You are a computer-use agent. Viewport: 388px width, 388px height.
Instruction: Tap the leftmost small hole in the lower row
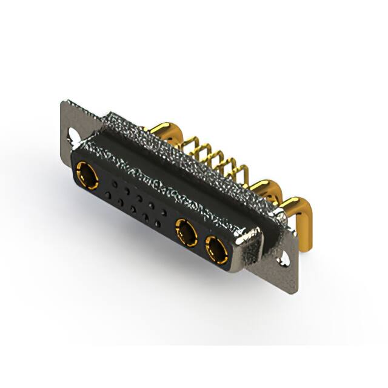point(107,195)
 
